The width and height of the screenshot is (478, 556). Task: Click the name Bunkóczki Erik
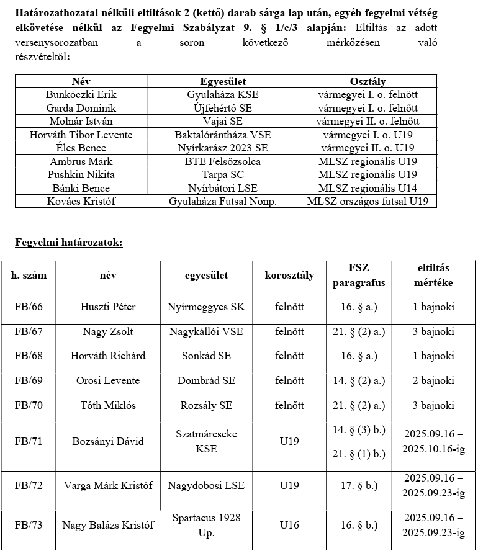81,94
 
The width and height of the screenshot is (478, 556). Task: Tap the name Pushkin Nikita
81,174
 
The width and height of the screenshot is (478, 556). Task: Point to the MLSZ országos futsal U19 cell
368,201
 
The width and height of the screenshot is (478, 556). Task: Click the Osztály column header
368,81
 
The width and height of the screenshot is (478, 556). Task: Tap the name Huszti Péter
108,307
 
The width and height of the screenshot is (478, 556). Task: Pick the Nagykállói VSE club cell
206,331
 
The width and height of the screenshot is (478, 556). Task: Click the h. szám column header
29,276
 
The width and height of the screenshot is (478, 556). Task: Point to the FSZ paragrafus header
359,276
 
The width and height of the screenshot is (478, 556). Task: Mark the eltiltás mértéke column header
433,276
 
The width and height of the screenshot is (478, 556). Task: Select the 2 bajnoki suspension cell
433,380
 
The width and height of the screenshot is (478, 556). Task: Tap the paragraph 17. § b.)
359,485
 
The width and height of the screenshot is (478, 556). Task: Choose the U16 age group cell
289,525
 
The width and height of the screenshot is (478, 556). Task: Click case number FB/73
29,525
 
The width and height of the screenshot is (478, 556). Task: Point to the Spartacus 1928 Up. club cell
206,525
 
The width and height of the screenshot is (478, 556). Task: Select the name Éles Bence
81,148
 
